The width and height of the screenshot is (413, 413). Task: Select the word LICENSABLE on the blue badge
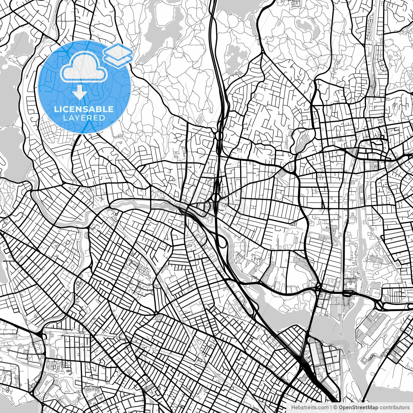(84, 109)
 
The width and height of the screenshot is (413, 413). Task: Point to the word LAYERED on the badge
(84, 118)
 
